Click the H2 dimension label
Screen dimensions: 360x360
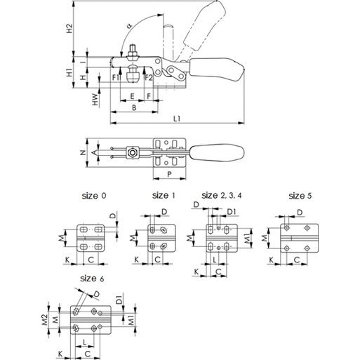coord(69,28)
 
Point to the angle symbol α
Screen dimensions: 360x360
coord(130,25)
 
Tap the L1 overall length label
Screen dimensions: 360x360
coord(177,119)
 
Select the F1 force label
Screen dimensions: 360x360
coord(116,77)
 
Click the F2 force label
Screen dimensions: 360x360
coord(149,77)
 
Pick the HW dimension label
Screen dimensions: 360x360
coord(95,100)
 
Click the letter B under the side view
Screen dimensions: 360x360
coord(134,107)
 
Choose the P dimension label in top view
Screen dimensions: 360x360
coord(170,174)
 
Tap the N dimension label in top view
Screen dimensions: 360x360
coord(83,153)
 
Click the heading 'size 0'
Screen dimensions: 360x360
coord(94,196)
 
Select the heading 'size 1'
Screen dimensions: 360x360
coord(164,195)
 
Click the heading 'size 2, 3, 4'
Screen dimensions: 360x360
coord(221,195)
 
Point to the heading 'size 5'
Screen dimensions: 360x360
coord(300,196)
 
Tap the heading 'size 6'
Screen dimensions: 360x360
coord(92,279)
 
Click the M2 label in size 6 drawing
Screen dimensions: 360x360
coord(45,319)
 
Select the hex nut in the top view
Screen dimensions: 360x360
coord(133,153)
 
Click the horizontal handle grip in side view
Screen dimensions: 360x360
coord(217,69)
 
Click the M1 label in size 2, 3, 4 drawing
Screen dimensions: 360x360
coord(248,239)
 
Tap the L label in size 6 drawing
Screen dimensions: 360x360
coord(85,342)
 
